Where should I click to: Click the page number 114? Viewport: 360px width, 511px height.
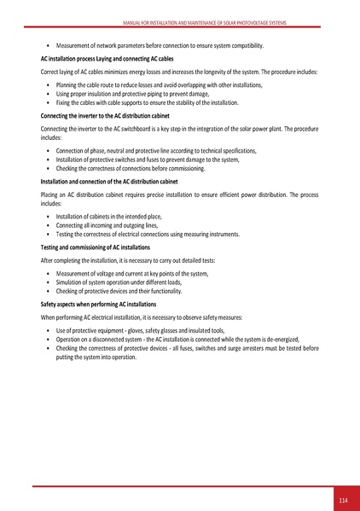(x=343, y=499)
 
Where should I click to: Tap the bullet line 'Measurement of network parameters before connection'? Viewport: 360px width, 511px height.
(x=160, y=45)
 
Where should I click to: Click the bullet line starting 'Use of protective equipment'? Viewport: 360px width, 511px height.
(x=140, y=329)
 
